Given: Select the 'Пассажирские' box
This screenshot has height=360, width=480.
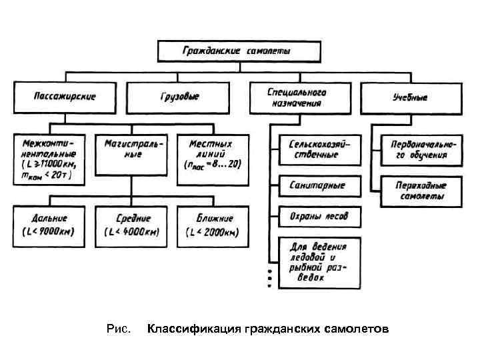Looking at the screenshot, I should tap(65, 96).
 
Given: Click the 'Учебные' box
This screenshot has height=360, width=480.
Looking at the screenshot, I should tap(410, 96).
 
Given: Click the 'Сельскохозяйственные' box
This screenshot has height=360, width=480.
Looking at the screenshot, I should tap(319, 149).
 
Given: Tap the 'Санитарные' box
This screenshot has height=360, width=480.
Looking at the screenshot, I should tap(319, 185).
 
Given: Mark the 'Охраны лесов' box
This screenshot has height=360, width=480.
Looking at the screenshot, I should tap(319, 216).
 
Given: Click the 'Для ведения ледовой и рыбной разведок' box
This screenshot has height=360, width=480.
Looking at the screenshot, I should tap(319, 263).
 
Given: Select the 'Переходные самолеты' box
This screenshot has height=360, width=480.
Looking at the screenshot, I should tap(418, 191).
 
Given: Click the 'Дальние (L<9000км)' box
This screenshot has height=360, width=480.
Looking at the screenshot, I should tap(50, 223).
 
